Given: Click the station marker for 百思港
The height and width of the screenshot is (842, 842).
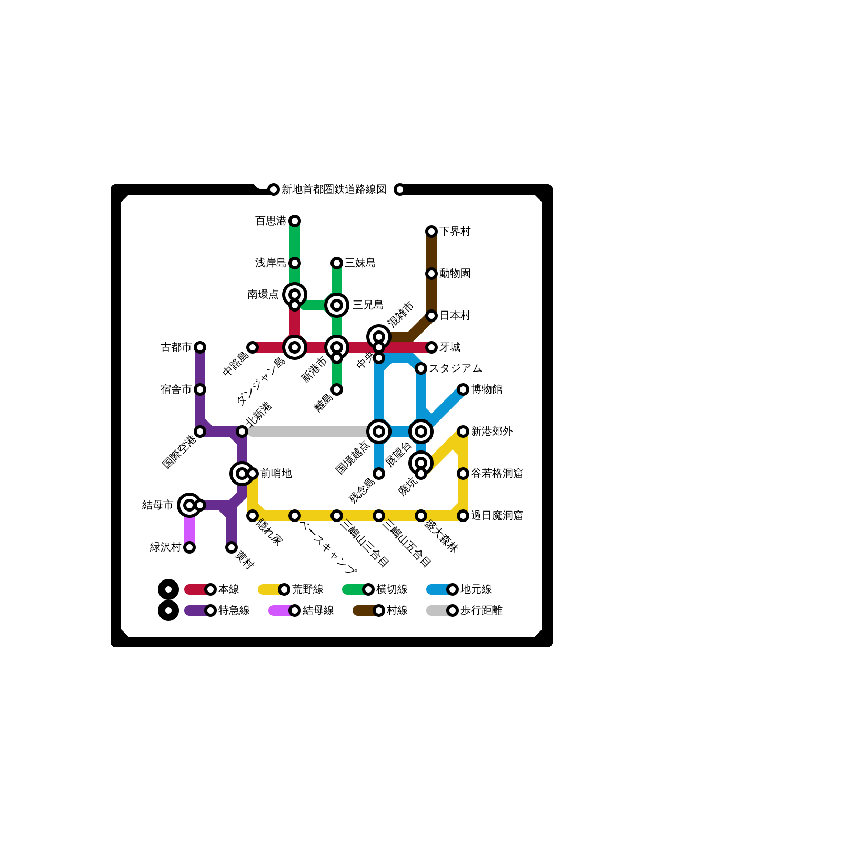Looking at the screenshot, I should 295,221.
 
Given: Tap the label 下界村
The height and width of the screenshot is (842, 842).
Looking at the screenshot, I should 455,232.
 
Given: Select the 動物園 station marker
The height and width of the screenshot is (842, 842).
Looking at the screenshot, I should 432,274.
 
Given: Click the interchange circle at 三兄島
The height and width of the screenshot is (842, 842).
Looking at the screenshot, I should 337,305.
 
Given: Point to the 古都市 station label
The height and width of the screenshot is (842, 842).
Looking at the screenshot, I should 176,347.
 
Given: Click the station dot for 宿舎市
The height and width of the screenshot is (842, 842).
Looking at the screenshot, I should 200,389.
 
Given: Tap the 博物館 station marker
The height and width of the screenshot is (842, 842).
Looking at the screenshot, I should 463,389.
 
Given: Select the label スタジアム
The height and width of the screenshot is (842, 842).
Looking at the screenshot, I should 455,368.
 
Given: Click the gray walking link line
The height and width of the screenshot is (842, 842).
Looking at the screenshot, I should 310,432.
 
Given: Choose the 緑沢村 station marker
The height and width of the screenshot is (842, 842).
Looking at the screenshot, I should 189,547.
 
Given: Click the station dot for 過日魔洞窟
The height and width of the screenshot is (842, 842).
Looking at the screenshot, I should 463,516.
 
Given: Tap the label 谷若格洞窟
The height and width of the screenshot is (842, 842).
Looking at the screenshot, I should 497,474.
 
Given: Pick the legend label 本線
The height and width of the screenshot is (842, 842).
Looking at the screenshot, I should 229,589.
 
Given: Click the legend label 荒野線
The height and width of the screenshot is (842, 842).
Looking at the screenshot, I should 308,589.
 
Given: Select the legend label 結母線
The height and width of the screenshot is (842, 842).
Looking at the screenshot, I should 318,610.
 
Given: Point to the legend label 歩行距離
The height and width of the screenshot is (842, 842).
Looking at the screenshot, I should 482,610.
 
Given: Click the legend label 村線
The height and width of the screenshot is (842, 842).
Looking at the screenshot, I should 397,610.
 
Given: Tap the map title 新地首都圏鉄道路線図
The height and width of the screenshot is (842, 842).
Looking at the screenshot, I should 334,189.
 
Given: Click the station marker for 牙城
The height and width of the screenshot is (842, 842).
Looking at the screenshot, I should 432,347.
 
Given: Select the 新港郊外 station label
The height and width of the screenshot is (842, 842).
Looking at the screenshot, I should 492,432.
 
